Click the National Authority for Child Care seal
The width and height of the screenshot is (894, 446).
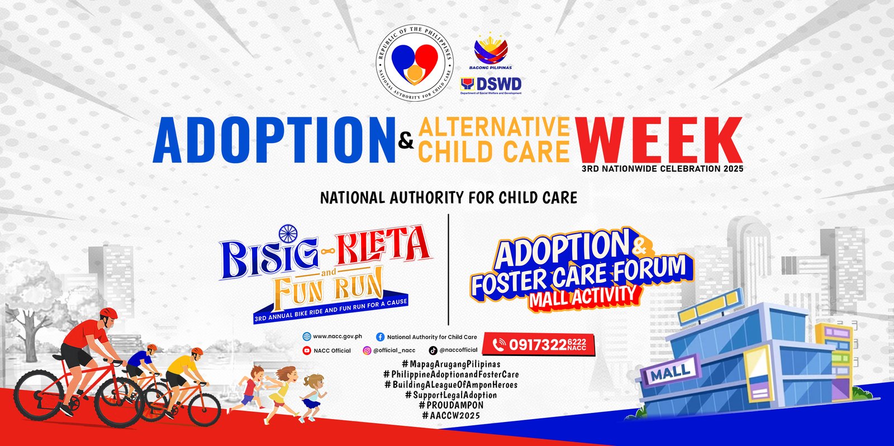(x=415, y=63)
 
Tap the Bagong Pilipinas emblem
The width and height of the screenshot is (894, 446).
(x=491, y=52)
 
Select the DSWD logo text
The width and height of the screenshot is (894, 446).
(x=491, y=85)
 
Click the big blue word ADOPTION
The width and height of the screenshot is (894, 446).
(x=274, y=140)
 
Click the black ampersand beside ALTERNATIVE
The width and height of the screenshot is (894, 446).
(x=406, y=141)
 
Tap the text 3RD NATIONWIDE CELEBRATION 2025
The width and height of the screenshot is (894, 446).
(x=663, y=168)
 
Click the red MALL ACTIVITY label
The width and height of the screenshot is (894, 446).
(x=583, y=297)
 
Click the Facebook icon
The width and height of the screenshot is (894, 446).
(x=381, y=337)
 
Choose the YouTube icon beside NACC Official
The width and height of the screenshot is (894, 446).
(x=307, y=350)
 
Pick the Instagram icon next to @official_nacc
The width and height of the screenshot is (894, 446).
(x=367, y=350)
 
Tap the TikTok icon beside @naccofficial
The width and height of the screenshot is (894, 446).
(x=433, y=350)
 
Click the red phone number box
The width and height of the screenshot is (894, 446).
(x=539, y=344)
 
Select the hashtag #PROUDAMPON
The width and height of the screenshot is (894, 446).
(x=451, y=405)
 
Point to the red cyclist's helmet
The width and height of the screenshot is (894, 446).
(x=108, y=313)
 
